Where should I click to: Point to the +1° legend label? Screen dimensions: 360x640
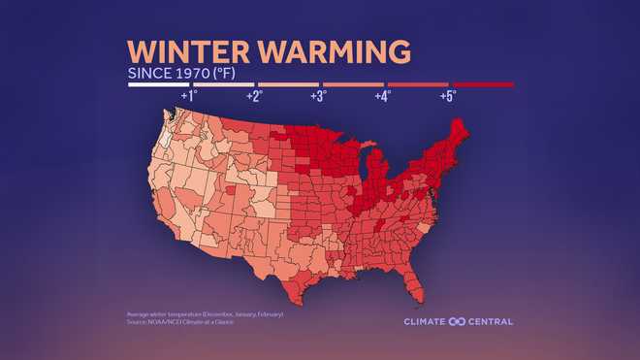tap(188, 96)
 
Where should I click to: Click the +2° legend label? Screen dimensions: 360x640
tap(254, 96)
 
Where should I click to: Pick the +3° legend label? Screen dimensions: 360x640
tap(318, 96)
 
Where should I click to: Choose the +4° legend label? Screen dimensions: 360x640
tap(383, 96)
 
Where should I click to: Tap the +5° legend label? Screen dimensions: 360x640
tap(447, 96)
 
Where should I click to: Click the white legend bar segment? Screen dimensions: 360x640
tap(158, 85)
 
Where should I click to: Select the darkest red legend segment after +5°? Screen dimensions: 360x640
tap(482, 85)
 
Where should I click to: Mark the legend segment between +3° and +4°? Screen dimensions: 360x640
tap(353, 85)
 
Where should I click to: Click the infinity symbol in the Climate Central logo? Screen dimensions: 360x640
tap(457, 321)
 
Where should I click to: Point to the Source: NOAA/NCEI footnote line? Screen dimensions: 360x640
tap(183, 321)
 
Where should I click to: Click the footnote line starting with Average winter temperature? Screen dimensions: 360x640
tap(205, 314)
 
